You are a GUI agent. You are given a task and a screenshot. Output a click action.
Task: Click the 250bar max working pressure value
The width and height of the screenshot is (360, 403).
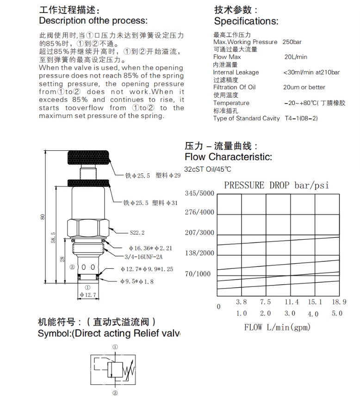(292, 42)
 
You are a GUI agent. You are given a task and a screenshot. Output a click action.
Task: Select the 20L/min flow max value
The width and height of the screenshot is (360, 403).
(295, 57)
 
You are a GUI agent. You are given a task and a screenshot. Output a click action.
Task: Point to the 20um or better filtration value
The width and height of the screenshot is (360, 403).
(304, 87)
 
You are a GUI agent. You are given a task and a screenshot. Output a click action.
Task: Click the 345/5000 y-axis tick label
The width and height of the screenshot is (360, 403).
(199, 193)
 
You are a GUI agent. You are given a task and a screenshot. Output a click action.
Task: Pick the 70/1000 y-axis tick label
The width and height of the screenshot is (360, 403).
(198, 273)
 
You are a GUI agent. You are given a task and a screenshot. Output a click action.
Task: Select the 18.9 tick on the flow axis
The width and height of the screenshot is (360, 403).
(339, 302)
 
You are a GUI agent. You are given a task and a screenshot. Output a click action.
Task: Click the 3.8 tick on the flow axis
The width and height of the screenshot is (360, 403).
(241, 302)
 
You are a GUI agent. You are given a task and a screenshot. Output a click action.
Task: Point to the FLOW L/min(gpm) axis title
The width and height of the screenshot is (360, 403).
(277, 328)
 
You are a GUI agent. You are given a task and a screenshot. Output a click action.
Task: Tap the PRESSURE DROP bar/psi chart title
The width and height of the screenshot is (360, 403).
(276, 186)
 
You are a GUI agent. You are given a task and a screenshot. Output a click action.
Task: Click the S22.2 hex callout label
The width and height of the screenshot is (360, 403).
(137, 233)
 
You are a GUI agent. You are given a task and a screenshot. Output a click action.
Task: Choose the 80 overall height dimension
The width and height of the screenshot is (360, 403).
(42, 217)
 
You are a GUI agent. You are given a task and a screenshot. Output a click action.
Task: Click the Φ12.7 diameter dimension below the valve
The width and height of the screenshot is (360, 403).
(87, 294)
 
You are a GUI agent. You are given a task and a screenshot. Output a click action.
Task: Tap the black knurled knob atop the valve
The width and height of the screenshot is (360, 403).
(88, 157)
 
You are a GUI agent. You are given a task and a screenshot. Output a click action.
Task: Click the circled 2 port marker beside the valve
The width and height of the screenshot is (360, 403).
(72, 267)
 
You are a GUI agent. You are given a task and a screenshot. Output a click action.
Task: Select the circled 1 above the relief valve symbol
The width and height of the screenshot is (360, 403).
(115, 347)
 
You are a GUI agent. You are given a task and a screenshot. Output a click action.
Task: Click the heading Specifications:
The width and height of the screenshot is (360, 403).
(246, 21)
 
